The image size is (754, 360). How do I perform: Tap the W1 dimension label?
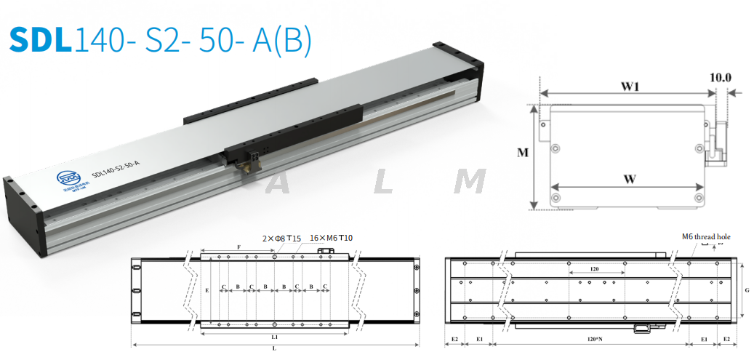click(629, 87)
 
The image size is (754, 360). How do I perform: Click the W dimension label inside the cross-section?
click(629, 180)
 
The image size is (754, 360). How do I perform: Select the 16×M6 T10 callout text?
click(332, 238)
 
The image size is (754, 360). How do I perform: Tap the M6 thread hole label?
click(705, 237)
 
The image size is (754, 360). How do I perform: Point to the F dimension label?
click(239, 248)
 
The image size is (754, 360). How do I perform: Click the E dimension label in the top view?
click(207, 290)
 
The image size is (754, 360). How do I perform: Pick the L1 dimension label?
click(275, 338)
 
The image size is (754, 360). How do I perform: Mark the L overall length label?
click(273, 350)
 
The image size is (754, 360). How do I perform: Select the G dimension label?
click(747, 291)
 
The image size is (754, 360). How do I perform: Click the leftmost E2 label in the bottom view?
click(454, 340)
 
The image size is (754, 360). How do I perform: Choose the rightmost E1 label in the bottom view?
click(704, 340)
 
